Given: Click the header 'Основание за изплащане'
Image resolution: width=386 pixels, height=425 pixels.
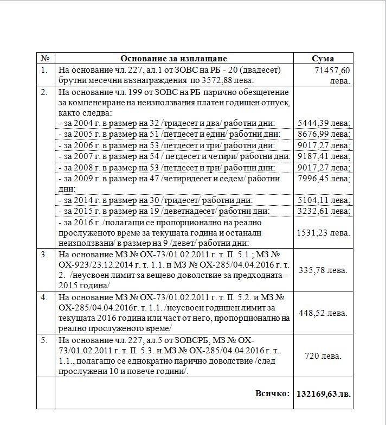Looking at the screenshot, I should click(173, 59).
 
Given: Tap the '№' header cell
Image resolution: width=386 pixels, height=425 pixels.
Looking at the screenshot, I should click(46, 59).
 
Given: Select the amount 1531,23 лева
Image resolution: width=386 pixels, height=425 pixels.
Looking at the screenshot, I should click(324, 232).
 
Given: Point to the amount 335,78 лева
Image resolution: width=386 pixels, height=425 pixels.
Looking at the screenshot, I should click(324, 270).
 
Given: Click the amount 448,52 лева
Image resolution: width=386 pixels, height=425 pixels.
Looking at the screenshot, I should click(324, 313).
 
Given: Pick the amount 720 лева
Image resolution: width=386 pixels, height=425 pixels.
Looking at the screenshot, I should click(323, 356).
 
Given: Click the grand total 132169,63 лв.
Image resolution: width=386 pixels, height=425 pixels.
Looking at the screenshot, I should click(323, 393).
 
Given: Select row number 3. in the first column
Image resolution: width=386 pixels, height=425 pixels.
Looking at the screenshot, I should click(44, 254).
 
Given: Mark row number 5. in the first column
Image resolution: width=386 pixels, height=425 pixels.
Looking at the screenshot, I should click(44, 340).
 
